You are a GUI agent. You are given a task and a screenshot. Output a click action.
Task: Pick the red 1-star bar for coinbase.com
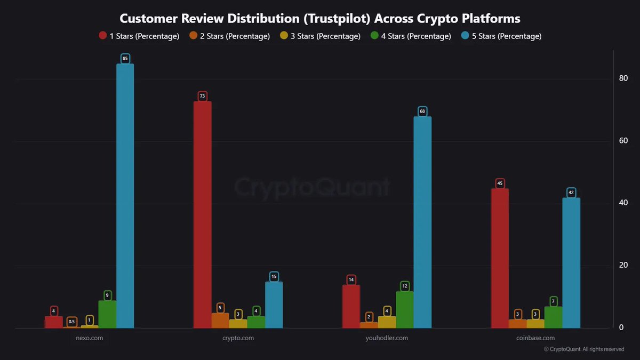pos(500,259)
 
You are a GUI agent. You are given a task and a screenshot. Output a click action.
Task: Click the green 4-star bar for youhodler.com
pos(405,310)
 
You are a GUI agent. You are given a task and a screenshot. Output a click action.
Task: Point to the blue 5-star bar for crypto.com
pos(274,305)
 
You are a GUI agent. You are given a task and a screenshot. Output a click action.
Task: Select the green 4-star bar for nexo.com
pos(107,315)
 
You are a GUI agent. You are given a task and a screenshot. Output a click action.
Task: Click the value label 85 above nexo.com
pos(125,58)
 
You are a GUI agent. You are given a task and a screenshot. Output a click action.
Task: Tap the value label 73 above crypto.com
pos(202,96)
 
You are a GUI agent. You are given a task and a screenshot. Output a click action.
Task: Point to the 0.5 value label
pos(71,322)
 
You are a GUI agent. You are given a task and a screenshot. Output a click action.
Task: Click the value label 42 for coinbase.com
pos(571,193)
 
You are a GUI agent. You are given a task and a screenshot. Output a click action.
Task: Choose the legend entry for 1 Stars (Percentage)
pos(139,36)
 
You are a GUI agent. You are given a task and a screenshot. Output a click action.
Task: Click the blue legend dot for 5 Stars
pos(466,36)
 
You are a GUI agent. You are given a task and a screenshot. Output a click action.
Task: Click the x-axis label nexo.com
pos(90,338)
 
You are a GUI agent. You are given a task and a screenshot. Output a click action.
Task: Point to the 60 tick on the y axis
pos(623,141)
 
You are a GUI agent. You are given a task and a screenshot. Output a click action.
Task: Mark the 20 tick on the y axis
pos(623,266)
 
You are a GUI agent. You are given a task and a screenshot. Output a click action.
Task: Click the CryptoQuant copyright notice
pos(584,349)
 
